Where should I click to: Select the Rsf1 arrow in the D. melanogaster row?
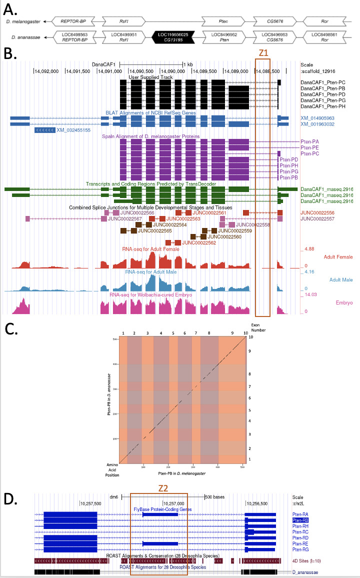122,21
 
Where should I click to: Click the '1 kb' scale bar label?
187,64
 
